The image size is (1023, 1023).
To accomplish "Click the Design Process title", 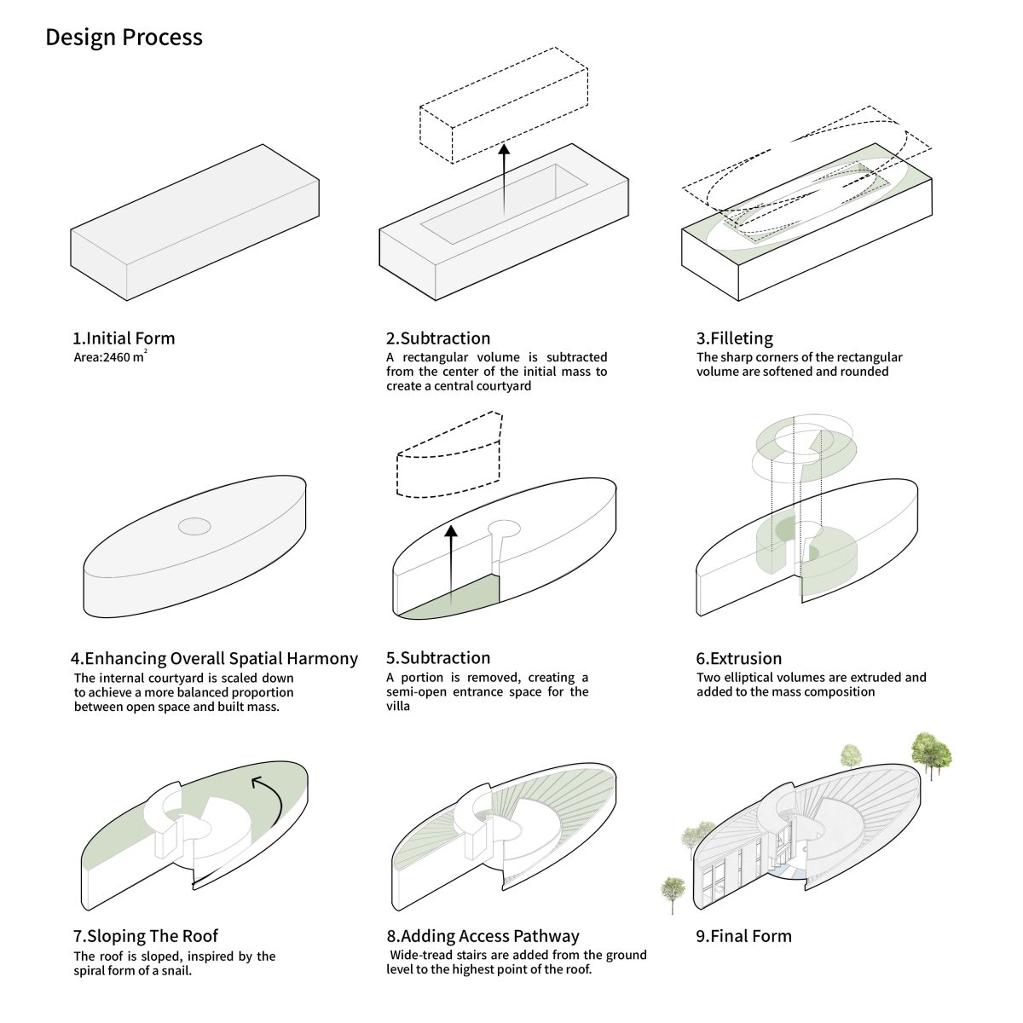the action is [x=124, y=38].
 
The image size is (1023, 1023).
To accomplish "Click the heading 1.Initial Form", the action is [x=124, y=338].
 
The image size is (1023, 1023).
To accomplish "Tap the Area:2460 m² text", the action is [x=111, y=356].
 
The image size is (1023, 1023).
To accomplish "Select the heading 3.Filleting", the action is [x=735, y=338].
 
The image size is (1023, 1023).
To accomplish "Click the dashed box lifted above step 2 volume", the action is [x=504, y=105].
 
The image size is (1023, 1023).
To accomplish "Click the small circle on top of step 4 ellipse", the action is [x=194, y=527].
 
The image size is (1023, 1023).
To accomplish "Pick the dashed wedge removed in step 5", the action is [x=449, y=454].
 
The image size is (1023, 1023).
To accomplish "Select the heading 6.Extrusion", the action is [x=739, y=658].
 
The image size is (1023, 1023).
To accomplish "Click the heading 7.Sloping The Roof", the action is [x=146, y=936].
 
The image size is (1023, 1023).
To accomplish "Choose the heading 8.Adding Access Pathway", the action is [x=483, y=936].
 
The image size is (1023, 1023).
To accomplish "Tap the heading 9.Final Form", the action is [x=743, y=936].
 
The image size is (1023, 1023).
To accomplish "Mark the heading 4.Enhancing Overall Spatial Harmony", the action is [x=215, y=658].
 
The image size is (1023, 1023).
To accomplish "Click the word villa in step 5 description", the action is [x=398, y=706].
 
